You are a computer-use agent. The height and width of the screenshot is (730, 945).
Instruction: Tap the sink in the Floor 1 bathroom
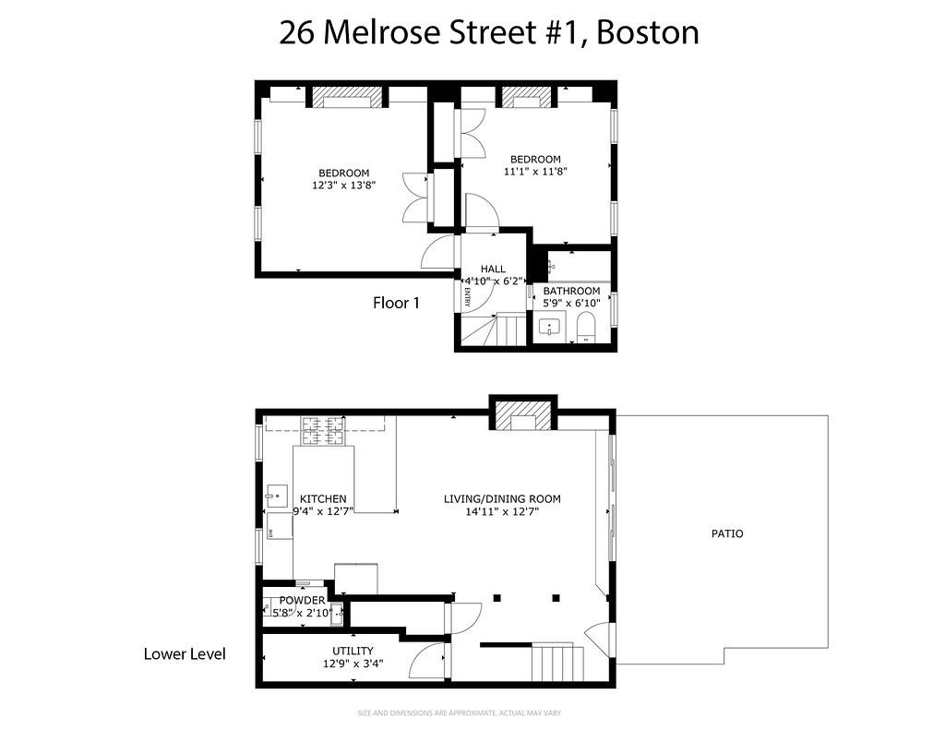pos(551,327)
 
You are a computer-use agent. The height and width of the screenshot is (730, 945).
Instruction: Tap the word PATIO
pos(726,533)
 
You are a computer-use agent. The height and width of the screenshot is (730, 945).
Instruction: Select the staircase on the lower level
pos(557,663)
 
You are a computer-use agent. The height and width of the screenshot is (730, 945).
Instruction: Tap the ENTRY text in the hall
pos(467,297)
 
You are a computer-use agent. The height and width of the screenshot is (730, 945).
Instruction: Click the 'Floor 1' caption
pos(396,302)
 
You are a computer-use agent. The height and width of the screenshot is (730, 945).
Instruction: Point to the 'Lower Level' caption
pos(185,653)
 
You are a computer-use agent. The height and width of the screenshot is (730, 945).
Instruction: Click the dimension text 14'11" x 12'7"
pos(502,512)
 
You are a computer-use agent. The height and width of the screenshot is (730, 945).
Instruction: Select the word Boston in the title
pos(647,32)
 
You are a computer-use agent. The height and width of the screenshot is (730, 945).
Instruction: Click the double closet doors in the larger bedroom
pos(413,197)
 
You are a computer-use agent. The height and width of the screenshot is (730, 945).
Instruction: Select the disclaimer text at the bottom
pos(459,712)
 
